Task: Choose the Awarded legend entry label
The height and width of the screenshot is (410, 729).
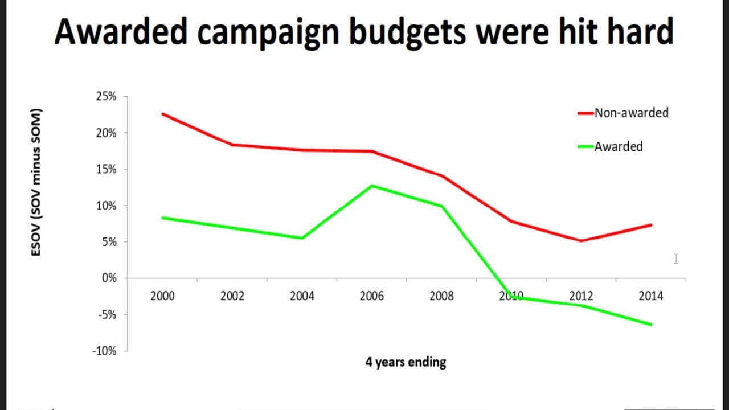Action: click(x=619, y=146)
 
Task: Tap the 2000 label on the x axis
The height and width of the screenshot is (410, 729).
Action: click(x=162, y=296)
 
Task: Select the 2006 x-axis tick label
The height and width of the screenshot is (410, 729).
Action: click(x=372, y=296)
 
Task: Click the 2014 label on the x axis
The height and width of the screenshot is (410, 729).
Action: click(x=651, y=296)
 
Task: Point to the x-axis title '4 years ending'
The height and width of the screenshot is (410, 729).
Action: click(x=406, y=362)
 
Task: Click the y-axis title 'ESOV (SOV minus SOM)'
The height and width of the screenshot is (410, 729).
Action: click(x=36, y=181)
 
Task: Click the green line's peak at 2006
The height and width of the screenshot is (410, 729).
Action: click(x=372, y=186)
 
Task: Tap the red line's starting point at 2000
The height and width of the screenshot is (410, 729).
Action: click(x=162, y=114)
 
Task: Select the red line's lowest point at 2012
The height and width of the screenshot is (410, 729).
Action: click(x=581, y=241)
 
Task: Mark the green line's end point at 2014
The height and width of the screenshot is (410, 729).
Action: click(x=651, y=325)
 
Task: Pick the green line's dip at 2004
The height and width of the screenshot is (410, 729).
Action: click(x=302, y=238)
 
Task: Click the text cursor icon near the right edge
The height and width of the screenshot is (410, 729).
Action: click(x=676, y=259)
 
